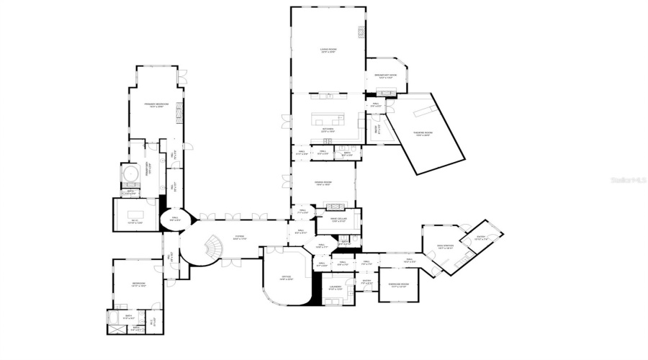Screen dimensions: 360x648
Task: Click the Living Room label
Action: pyautogui.click(x=328, y=50)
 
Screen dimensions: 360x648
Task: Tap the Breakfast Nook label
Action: pyautogui.click(x=385, y=76)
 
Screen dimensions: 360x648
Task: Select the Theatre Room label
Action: pyautogui.click(x=423, y=134)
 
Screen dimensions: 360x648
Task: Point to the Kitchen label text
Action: pyautogui.click(x=328, y=130)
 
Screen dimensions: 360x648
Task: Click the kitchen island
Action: pyautogui.click(x=328, y=118)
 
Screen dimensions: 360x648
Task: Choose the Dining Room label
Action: pyautogui.click(x=323, y=184)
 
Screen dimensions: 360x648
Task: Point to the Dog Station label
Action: pyautogui.click(x=446, y=246)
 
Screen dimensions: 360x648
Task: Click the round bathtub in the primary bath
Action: pyautogui.click(x=130, y=175)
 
